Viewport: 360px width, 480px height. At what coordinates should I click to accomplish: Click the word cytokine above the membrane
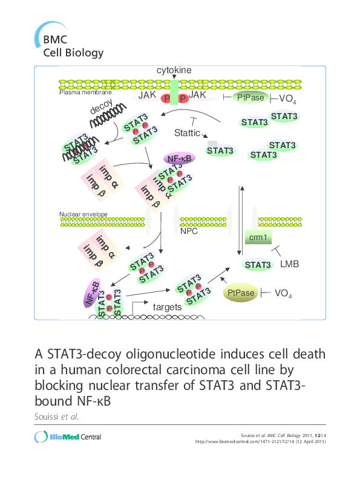[x=174, y=71]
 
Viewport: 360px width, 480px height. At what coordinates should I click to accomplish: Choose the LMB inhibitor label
[x=290, y=264]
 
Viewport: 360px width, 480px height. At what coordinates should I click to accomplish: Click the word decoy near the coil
[x=102, y=108]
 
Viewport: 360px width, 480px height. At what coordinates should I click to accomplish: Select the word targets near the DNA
[x=167, y=307]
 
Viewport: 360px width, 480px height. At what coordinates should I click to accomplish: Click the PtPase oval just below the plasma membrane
[x=250, y=97]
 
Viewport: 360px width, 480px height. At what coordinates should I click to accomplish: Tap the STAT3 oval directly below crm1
[x=257, y=265]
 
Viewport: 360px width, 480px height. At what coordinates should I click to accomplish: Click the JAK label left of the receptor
[x=148, y=96]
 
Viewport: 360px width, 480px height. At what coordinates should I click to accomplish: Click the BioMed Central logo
[x=68, y=437]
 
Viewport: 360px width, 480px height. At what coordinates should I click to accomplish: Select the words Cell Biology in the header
[x=73, y=52]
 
